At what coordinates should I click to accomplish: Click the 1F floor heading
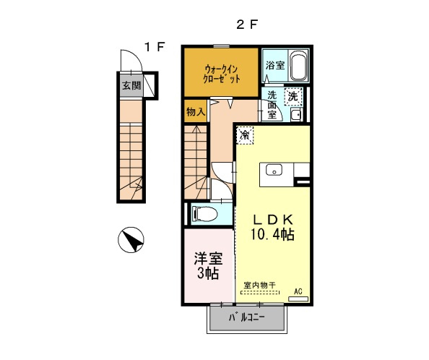pyautogui.click(x=154, y=47)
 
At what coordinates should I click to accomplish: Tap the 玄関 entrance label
pyautogui.click(x=131, y=86)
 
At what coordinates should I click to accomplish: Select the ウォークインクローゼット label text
pyautogui.click(x=220, y=73)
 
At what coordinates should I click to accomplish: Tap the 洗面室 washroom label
pyautogui.click(x=272, y=104)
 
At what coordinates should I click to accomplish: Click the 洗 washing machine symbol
pyautogui.click(x=293, y=95)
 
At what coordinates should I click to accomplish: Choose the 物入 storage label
pyautogui.click(x=195, y=111)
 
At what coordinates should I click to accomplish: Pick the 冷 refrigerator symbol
pyautogui.click(x=245, y=134)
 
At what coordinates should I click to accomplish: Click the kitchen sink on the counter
pyautogui.click(x=274, y=171)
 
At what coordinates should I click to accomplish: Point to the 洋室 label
pyautogui.click(x=207, y=258)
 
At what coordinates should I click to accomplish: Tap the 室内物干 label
pyautogui.click(x=259, y=286)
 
